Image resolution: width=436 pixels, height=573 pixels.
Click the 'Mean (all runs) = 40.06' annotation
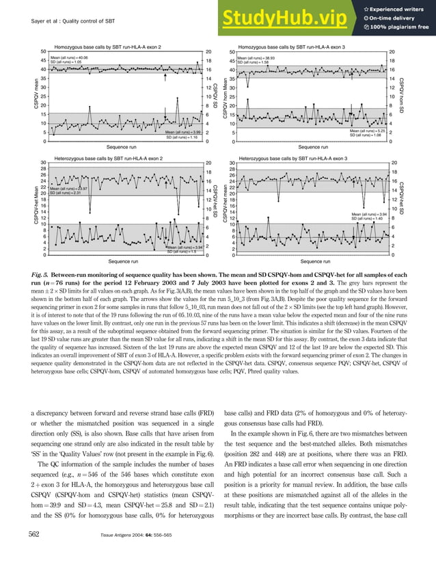point(70,57)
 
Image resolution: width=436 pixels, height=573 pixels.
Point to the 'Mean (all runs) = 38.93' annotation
point(270,58)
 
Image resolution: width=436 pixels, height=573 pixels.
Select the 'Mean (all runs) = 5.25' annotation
point(368,130)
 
